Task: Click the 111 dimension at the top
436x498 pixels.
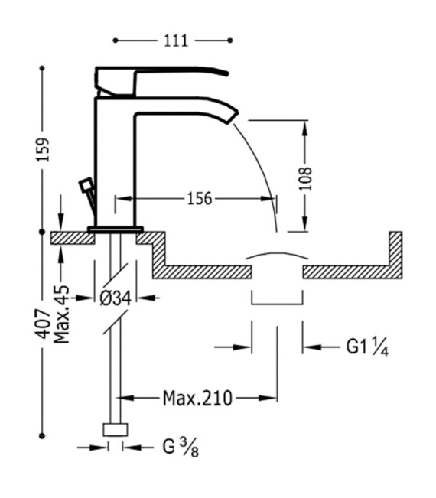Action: point(176,41)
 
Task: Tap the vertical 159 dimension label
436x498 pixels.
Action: point(43,149)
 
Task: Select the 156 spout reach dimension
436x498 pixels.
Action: point(199,199)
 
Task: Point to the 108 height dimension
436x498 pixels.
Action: point(305,178)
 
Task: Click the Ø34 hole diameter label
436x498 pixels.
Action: point(116,298)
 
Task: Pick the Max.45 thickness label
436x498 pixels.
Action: point(62,314)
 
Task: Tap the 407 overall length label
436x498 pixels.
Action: point(44,324)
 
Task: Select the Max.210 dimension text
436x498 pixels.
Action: point(197,399)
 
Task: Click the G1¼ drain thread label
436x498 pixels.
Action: point(367,347)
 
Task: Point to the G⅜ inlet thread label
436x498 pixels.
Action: point(181,448)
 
